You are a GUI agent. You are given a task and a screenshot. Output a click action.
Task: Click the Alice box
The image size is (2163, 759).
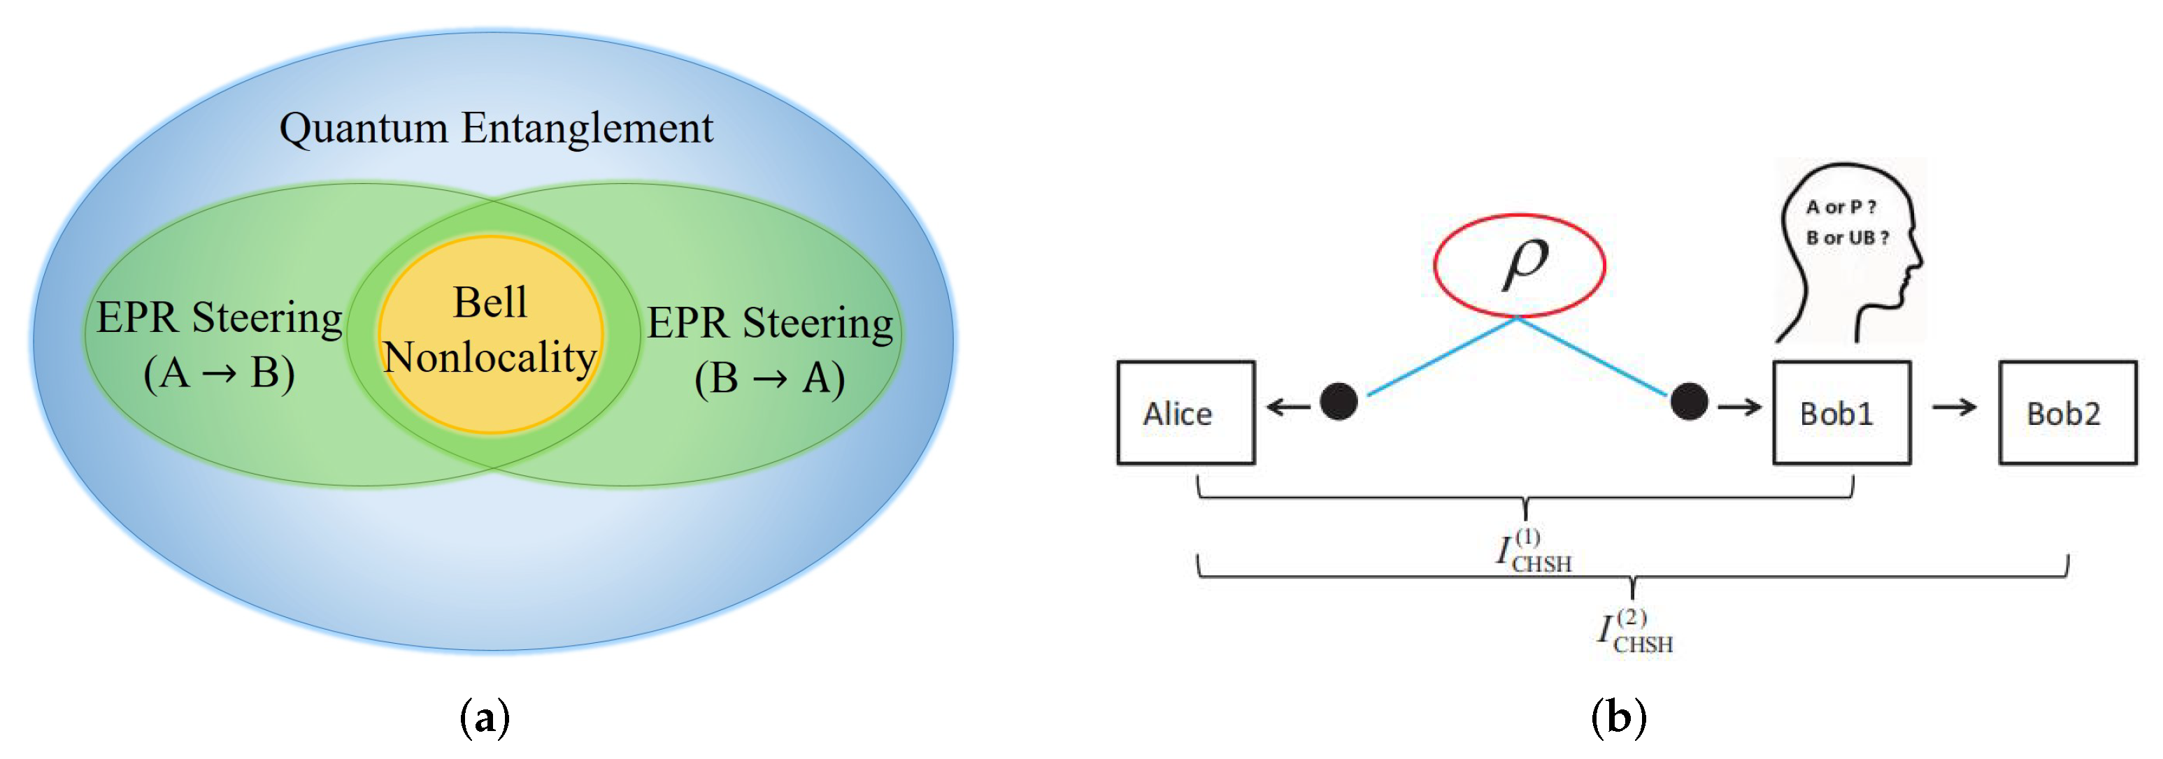(1185, 412)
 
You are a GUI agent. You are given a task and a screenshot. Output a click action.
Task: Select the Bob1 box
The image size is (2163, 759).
(1841, 412)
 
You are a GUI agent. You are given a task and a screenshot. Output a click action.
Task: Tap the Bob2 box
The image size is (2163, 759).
(2066, 412)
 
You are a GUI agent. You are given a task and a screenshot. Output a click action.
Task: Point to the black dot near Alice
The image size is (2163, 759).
(1339, 401)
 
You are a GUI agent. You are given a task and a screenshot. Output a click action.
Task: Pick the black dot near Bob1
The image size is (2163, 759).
(1689, 401)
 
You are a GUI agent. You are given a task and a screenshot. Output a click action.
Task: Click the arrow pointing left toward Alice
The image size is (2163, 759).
(1288, 408)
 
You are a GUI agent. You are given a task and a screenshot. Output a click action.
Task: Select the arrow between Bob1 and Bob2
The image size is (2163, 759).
(1954, 408)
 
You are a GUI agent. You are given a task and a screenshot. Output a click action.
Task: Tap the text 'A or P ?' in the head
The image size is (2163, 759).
(1841, 207)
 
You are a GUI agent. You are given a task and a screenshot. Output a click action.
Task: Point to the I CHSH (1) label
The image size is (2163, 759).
(1533, 552)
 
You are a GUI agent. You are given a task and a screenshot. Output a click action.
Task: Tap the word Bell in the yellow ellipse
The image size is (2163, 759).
(490, 302)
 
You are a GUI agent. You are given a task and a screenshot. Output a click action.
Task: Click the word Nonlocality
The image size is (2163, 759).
(490, 357)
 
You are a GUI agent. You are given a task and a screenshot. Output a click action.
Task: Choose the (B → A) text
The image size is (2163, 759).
(769, 378)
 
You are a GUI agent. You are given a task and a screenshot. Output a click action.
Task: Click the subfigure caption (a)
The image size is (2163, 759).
(485, 718)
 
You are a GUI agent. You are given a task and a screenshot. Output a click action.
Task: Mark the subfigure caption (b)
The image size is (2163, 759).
(1618, 718)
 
